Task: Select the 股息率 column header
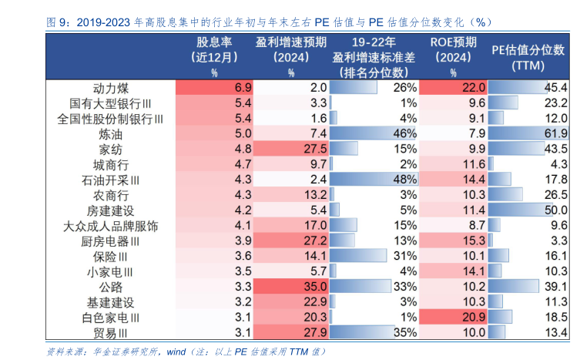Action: (214, 42)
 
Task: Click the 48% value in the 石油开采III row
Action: (404, 179)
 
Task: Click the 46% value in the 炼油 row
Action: (404, 133)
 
